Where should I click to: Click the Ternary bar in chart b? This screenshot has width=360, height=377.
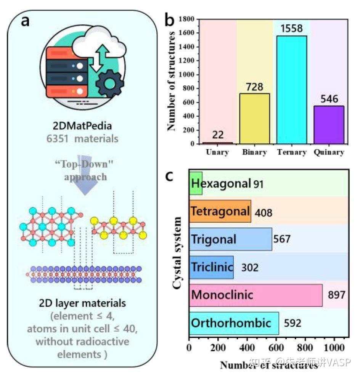pyautogui.click(x=292, y=90)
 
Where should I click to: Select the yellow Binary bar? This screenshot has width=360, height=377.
pyautogui.click(x=255, y=118)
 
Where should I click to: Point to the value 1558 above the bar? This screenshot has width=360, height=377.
pyautogui.click(x=292, y=28)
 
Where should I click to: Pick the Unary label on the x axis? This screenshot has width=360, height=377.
pyautogui.click(x=217, y=152)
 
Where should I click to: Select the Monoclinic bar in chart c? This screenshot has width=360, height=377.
pyautogui.click(x=256, y=295)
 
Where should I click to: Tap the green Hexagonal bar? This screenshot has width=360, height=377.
pyautogui.click(x=196, y=183)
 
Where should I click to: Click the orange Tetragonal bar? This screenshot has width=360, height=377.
pyautogui.click(x=220, y=211)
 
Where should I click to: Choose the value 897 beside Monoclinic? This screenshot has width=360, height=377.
pyautogui.click(x=336, y=295)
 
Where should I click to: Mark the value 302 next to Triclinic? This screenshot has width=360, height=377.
pyautogui.click(x=250, y=267)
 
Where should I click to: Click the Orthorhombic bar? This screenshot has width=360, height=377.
pyautogui.click(x=234, y=323)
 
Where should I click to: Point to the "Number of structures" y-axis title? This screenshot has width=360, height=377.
pyautogui.click(x=172, y=81)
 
